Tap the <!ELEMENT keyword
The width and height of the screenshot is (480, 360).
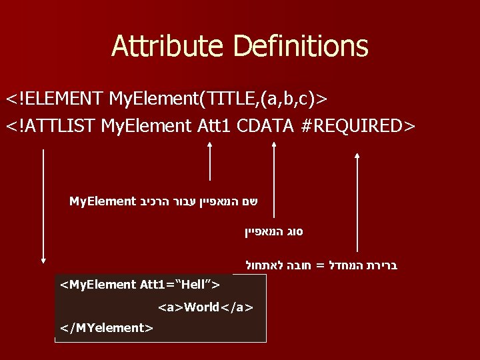click(54, 99)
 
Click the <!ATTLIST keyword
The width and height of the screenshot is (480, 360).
click(53, 125)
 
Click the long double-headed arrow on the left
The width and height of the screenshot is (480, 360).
click(43, 207)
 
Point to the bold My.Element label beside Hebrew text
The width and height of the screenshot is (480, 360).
click(102, 201)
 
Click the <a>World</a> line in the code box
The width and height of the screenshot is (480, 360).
click(205, 307)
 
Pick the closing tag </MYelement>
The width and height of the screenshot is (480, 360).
click(107, 327)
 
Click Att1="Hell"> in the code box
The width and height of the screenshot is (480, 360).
click(180, 285)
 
